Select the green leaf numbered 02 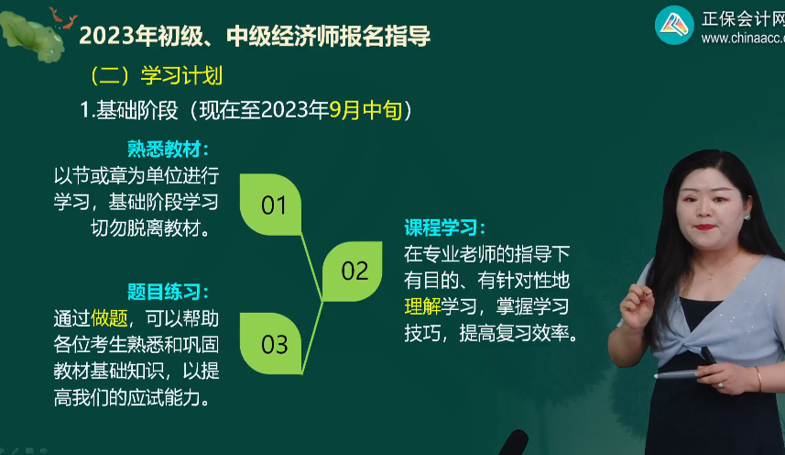click(x=354, y=271)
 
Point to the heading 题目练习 click(x=169, y=293)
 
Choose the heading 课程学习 click(x=445, y=227)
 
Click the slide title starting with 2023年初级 click(x=255, y=37)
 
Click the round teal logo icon click(x=673, y=25)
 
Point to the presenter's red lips click(x=704, y=227)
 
